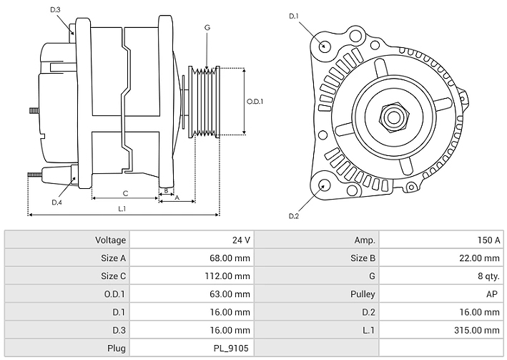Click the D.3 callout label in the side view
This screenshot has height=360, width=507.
click(56, 9)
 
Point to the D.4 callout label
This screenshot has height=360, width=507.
click(56, 203)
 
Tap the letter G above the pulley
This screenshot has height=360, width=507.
click(207, 27)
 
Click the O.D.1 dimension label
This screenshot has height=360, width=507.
click(255, 101)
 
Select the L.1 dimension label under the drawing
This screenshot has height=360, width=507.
click(122, 208)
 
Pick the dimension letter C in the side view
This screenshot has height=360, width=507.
click(125, 193)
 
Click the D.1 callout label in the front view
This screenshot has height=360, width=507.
click(293, 16)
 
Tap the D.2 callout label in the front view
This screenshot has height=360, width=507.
click(293, 216)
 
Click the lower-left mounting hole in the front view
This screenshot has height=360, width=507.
click(324, 185)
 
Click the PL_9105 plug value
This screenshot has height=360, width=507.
click(230, 348)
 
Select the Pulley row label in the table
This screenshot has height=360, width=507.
click(363, 293)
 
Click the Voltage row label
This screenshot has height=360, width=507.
click(110, 240)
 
